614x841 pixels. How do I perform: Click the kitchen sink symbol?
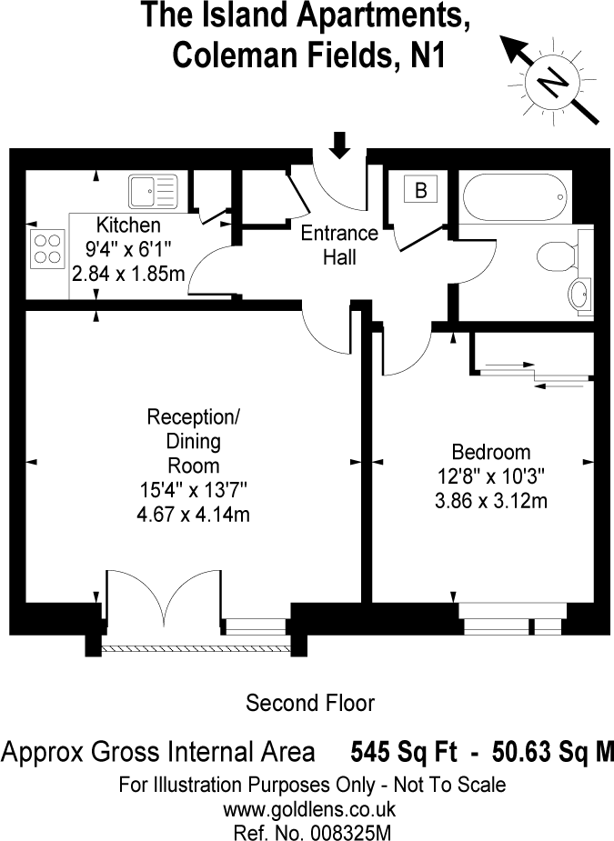[152, 191]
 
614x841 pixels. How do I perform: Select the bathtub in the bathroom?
[514, 194]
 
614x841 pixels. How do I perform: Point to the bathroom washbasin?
[579, 295]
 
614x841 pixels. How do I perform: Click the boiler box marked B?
[420, 191]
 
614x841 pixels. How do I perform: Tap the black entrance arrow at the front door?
[339, 145]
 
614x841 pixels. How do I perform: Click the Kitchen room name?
[129, 225]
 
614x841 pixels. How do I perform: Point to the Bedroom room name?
[491, 452]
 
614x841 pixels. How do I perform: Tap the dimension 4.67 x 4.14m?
[195, 516]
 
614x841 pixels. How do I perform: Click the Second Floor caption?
[310, 703]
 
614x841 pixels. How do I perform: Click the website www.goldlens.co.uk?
[309, 807]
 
